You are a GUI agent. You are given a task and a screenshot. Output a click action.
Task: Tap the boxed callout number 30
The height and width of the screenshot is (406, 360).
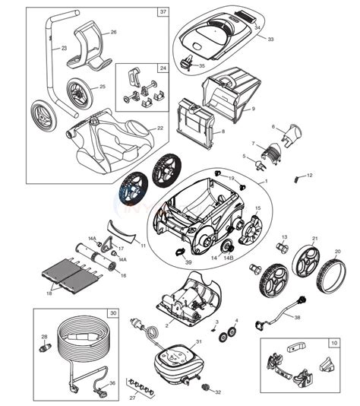pyautogui.click(x=113, y=312)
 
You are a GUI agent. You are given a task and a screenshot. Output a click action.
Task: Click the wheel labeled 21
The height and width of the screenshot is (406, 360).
pyautogui.click(x=306, y=262)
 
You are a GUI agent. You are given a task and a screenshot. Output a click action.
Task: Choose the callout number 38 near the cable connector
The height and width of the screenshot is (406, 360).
pyautogui.click(x=298, y=317)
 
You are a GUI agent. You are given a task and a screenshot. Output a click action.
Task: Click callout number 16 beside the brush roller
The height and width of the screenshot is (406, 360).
pyautogui.click(x=123, y=255)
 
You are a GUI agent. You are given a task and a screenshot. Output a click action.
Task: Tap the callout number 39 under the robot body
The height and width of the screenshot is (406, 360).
pyautogui.click(x=188, y=261)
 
